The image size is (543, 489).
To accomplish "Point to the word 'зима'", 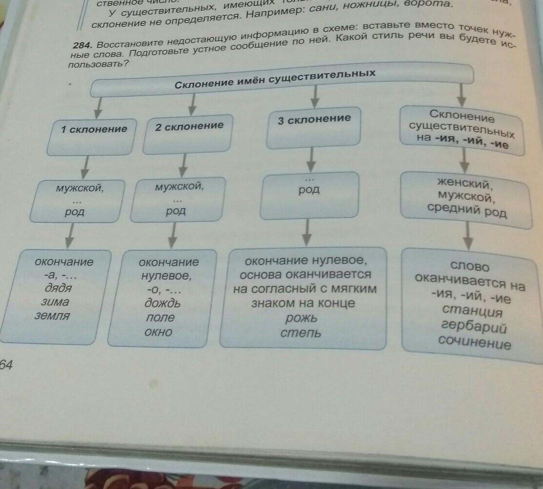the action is click(x=55, y=302).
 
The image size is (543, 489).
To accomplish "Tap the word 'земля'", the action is click(x=52, y=316).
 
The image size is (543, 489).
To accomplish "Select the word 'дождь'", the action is click(x=162, y=303).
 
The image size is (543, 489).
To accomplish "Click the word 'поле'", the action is click(x=160, y=318).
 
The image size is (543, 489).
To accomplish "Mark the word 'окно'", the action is click(x=158, y=332).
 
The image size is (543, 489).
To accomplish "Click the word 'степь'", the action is click(x=301, y=333).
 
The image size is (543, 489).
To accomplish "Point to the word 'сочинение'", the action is click(x=474, y=343).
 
